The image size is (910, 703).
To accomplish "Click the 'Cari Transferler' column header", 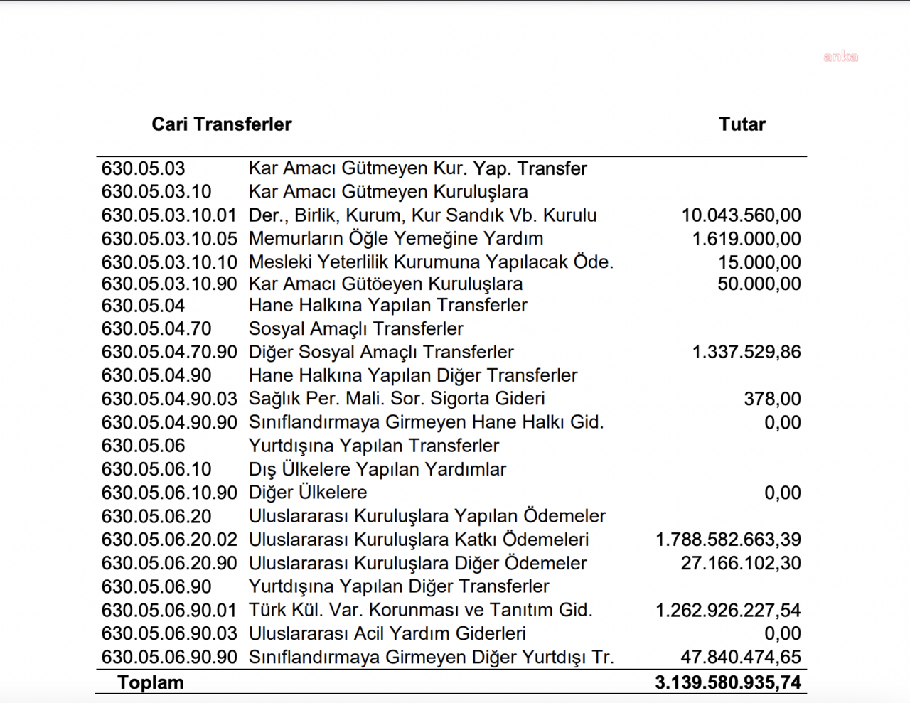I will coord(221,124).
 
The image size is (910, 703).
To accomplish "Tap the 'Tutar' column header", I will coord(742,124).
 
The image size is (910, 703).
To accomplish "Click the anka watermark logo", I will coord(840,57).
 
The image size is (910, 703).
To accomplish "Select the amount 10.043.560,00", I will coord(741,215).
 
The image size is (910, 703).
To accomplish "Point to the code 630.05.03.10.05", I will coord(168,239).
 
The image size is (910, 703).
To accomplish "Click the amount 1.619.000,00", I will coord(746,239).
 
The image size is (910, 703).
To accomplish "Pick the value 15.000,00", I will coord(759,262).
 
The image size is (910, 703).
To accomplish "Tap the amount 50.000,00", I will coord(759,284).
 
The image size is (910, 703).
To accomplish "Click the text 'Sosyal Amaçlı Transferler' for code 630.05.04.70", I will coord(355,329).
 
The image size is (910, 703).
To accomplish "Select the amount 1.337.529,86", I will coord(746,352).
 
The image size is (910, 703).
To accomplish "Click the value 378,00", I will coord(772,399).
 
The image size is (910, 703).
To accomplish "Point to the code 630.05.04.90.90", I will coord(168,422).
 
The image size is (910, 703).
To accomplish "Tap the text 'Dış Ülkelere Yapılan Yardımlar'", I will coord(377,469).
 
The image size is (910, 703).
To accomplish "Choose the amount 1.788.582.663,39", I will coord(727,540).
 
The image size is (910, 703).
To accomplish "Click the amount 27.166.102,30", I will coord(740,563).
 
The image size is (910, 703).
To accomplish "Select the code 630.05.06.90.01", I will coord(168,610).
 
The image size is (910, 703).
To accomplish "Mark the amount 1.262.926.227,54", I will coord(727,610).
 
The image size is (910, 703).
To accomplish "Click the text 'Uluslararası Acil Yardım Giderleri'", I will coord(387,633).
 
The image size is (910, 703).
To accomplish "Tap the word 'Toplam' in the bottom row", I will coord(150,682).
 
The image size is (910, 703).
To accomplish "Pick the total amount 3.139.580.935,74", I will coord(727,682).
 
